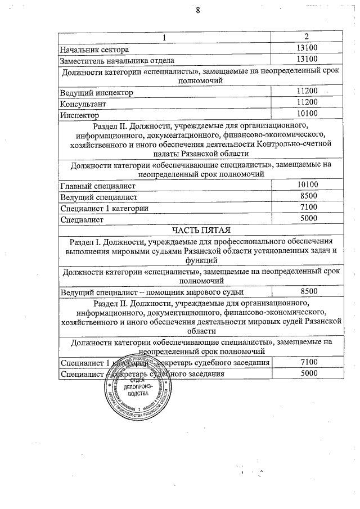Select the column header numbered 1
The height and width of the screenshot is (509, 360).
(x=165, y=38)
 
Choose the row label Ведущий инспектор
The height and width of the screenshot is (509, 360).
(x=96, y=92)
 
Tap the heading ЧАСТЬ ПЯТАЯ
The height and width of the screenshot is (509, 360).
(x=201, y=229)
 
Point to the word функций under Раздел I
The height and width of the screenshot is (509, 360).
(x=201, y=260)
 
